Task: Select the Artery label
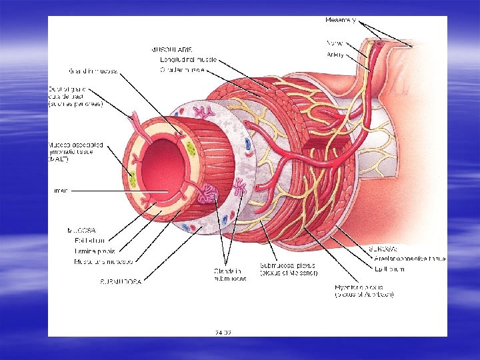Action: coord(335,55)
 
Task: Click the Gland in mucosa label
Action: coord(91,71)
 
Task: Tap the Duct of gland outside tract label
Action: coord(75,96)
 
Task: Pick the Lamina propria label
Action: coord(94,251)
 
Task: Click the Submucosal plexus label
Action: coord(288,269)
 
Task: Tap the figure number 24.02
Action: coord(223,331)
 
